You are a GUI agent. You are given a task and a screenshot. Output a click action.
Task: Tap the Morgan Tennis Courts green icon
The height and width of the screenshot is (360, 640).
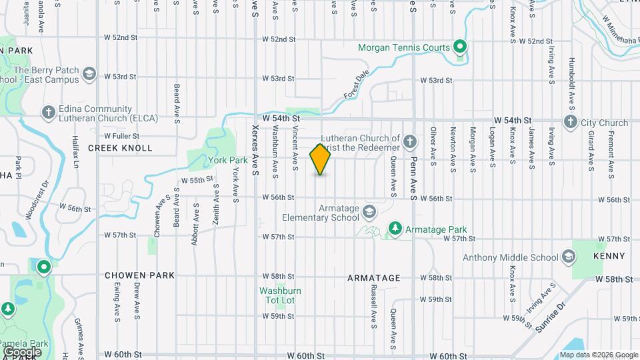[459, 47]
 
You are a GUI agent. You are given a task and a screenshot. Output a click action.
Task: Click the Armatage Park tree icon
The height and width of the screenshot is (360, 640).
[395, 229]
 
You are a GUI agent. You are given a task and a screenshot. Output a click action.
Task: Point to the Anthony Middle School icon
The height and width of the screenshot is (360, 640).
[568, 257]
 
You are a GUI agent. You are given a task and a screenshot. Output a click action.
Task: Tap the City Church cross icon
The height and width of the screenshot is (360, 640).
[570, 123]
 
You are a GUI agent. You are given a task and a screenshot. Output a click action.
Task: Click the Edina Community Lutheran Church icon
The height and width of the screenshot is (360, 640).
[48, 113]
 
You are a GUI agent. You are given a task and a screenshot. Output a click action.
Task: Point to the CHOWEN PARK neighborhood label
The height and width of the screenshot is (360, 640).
[139, 275]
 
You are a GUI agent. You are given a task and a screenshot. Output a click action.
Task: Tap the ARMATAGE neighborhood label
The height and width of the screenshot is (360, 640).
[374, 278]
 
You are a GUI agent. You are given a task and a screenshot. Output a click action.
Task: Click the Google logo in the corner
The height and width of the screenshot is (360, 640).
[22, 352]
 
